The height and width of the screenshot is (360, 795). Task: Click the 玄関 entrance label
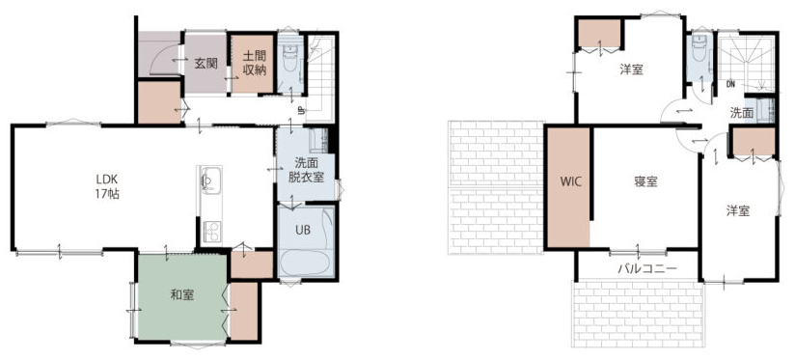coord(206,64)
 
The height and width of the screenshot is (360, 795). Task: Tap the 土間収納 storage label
coord(254,64)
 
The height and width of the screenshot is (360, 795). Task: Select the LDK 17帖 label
coord(107,185)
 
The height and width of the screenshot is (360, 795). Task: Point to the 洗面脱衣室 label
coord(306,171)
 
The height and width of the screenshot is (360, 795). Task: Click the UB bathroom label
coord(303,229)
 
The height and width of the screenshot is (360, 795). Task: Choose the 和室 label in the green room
coord(181,294)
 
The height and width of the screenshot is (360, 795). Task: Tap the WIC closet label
coord(568,181)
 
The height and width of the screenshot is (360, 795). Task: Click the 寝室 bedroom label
coord(645,181)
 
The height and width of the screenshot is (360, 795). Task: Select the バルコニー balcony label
coord(647,268)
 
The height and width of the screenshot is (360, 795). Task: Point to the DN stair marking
coord(730,84)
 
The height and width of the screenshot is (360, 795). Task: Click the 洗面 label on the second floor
coord(741,113)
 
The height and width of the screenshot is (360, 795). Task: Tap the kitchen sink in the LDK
coord(208,180)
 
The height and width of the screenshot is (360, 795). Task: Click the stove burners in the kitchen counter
coord(211,231)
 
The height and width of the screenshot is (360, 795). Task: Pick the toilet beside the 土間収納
coord(290,58)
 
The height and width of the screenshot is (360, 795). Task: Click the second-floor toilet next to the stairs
coord(699,49)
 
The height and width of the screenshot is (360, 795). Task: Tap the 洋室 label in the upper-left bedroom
coord(631,69)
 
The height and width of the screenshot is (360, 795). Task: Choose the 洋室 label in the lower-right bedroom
coord(738,211)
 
